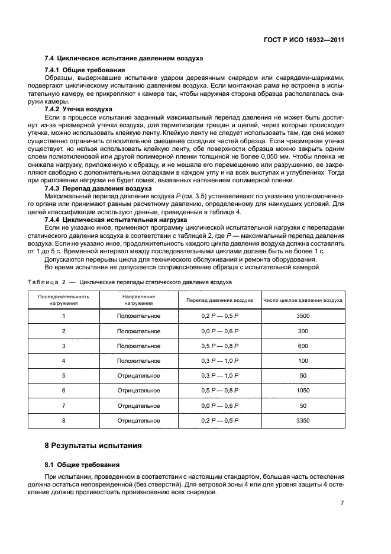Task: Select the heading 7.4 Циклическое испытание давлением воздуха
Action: (124, 59)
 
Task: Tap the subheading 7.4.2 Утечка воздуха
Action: (79, 109)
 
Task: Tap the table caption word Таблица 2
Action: (51, 282)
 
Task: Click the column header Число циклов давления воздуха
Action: (303, 299)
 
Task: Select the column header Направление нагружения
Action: (138, 299)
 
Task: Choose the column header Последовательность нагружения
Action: (63, 299)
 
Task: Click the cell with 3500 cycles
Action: (303, 316)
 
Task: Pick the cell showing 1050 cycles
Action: (303, 391)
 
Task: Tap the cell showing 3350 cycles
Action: (303, 420)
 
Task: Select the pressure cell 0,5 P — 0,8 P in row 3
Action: (219, 346)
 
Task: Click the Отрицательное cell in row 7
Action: (138, 405)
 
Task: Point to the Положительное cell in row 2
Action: (138, 331)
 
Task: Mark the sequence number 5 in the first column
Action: (63, 376)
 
